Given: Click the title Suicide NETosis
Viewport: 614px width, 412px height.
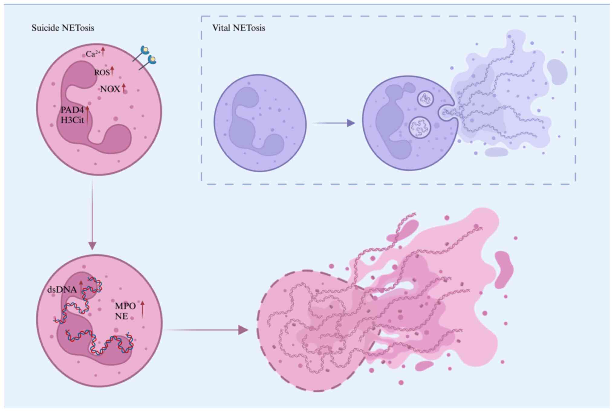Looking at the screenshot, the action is coord(63,28).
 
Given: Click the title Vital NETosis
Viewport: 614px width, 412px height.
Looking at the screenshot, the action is coord(239,28).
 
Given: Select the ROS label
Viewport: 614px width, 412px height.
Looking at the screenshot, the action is coord(102,73).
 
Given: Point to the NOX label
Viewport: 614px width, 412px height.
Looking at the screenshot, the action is coord(110,89).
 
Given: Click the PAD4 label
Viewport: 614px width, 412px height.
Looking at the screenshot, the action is coord(72,110).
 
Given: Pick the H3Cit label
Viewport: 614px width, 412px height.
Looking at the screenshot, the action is coord(72,120).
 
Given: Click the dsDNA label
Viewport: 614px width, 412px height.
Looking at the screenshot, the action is coord(62,290).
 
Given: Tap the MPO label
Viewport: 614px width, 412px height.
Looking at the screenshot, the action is coord(125,306).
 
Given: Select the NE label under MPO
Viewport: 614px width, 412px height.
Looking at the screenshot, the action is coord(121,316).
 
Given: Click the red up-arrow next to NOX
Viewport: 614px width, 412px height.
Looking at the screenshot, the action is coord(124,88).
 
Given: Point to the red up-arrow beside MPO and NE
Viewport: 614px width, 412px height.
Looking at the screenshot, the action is coord(143,310).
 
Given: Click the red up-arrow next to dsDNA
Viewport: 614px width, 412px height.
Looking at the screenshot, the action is coord(81,287).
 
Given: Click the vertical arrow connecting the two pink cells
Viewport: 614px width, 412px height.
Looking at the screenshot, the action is coord(92,215).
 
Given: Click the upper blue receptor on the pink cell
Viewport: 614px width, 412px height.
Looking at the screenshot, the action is coord(145,50).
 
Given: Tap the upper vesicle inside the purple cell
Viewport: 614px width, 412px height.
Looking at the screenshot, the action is coord(425,99).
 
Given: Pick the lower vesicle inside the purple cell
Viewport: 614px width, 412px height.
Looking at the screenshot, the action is coord(419,127).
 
